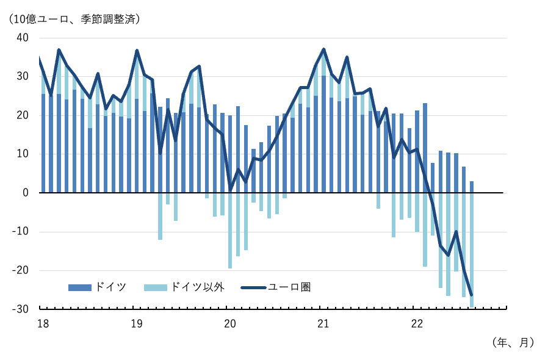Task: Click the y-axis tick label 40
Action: click(22, 38)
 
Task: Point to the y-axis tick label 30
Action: click(22, 77)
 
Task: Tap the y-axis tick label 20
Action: click(22, 115)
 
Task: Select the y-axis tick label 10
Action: click(22, 154)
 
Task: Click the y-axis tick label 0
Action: click(25, 193)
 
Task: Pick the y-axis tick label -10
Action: click(20, 232)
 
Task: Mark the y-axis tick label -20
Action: click(20, 270)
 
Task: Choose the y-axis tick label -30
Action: click(20, 309)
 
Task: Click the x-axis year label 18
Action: click(43, 323)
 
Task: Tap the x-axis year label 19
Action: click(137, 323)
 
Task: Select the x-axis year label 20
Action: click(230, 323)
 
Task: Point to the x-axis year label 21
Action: click(323, 323)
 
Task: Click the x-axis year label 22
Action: click(417, 323)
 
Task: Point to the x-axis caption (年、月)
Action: click(513, 343)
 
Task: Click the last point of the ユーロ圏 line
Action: click(471, 295)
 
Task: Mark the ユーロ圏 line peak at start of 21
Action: click(323, 49)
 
